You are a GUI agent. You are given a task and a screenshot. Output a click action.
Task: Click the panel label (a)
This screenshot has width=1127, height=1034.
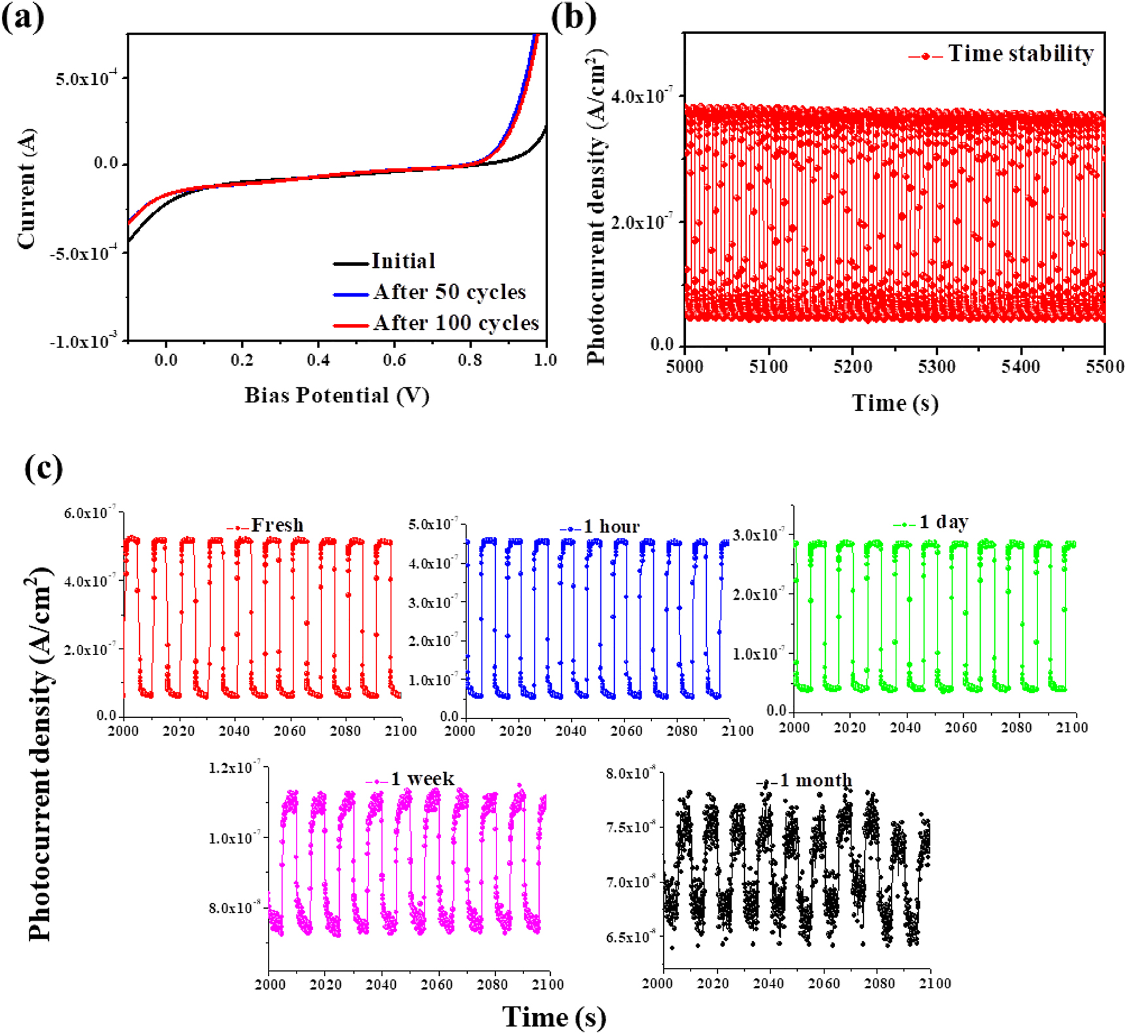23,17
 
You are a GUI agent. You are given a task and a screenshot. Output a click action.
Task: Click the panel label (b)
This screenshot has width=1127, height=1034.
573,17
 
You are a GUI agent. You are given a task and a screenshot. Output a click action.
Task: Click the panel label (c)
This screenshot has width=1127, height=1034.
43,468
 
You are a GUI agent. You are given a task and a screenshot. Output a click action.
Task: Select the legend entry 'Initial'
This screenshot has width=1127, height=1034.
402,261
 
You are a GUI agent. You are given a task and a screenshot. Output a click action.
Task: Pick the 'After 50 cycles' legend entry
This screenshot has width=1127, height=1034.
449,292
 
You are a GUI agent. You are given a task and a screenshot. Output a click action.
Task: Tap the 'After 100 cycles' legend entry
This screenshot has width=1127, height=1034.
455,323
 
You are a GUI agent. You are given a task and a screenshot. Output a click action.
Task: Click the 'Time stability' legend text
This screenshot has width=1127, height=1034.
1020,54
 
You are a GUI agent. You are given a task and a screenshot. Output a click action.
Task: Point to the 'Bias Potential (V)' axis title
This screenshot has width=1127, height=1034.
336,395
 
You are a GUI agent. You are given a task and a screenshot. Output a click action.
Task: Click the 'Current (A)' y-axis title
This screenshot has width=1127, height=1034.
27,188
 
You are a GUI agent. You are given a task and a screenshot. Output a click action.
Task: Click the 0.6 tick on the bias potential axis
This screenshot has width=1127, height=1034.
394,360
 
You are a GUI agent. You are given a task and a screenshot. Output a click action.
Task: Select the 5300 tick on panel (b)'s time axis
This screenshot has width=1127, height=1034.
936,366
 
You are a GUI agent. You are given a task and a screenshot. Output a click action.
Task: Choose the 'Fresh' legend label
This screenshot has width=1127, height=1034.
277,525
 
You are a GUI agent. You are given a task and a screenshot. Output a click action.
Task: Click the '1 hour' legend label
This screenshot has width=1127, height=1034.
611,526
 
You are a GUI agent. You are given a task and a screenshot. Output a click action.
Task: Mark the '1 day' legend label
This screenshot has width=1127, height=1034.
943,522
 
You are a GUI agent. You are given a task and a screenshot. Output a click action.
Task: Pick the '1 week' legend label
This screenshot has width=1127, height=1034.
422,779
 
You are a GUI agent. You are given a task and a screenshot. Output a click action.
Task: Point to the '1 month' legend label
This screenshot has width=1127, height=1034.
815,781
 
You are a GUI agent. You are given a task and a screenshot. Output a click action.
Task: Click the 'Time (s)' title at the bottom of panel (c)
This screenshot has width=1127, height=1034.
554,1016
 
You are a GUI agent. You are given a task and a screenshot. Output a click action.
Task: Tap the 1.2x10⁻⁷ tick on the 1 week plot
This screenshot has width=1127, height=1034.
234,767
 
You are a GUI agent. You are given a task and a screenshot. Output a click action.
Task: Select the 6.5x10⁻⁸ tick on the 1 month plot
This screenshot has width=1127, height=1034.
630,937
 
